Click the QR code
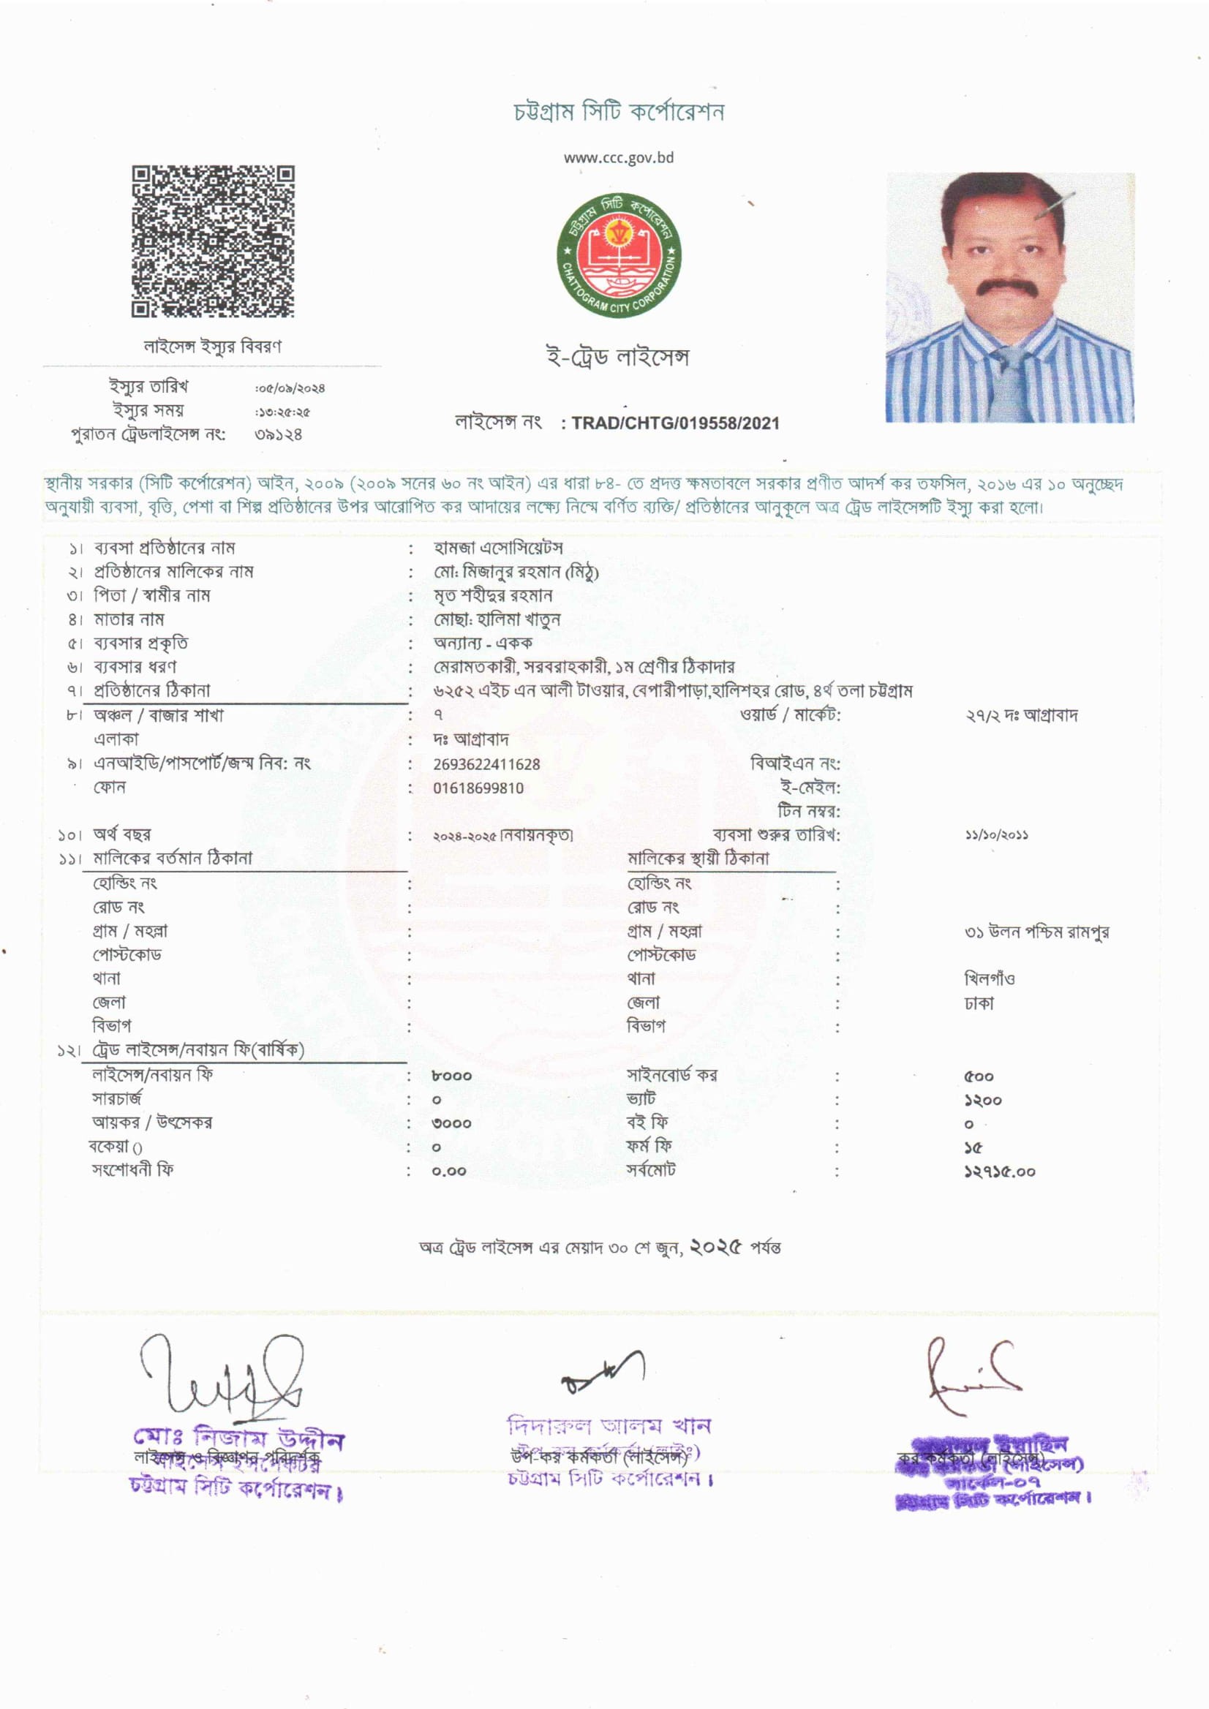tap(213, 242)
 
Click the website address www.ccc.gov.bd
tap(619, 158)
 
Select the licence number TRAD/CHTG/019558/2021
tap(675, 423)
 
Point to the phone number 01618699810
tap(478, 788)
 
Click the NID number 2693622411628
tap(487, 764)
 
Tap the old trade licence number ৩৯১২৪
tap(279, 434)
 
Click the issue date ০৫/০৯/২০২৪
tap(291, 388)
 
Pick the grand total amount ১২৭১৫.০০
tap(999, 1172)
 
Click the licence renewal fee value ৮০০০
tap(451, 1076)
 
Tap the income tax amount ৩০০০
tap(451, 1124)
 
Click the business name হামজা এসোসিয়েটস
tap(498, 548)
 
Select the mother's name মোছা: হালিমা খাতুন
tap(497, 619)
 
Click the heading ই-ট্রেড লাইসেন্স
tap(618, 358)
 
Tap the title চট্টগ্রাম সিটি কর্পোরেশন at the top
tap(619, 113)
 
